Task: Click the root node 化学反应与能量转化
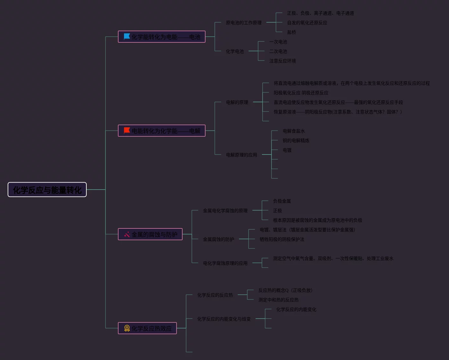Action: tap(47, 190)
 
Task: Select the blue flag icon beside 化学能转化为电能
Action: tap(127, 37)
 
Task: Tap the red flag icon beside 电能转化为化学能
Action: tap(127, 131)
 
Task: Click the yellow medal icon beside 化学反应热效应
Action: tap(127, 328)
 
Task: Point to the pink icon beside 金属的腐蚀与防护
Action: tap(127, 234)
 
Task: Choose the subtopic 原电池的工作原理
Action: tap(243, 23)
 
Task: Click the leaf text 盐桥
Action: tap(291, 32)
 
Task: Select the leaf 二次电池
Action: tap(278, 51)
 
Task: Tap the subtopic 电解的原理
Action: tap(237, 102)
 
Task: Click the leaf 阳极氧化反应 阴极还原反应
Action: tap(301, 93)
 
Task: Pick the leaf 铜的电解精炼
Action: tap(296, 140)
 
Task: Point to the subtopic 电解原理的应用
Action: tap(241, 155)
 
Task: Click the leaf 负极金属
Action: tap(282, 201)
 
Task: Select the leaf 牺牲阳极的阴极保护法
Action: tap(282, 239)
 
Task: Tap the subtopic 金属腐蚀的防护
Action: tap(218, 239)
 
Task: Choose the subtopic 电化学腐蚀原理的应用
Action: tap(225, 263)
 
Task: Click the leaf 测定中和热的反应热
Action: tap(278, 300)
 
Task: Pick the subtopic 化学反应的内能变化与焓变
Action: tap(224, 319)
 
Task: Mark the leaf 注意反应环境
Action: tap(282, 61)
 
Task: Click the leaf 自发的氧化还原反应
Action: tap(307, 23)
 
